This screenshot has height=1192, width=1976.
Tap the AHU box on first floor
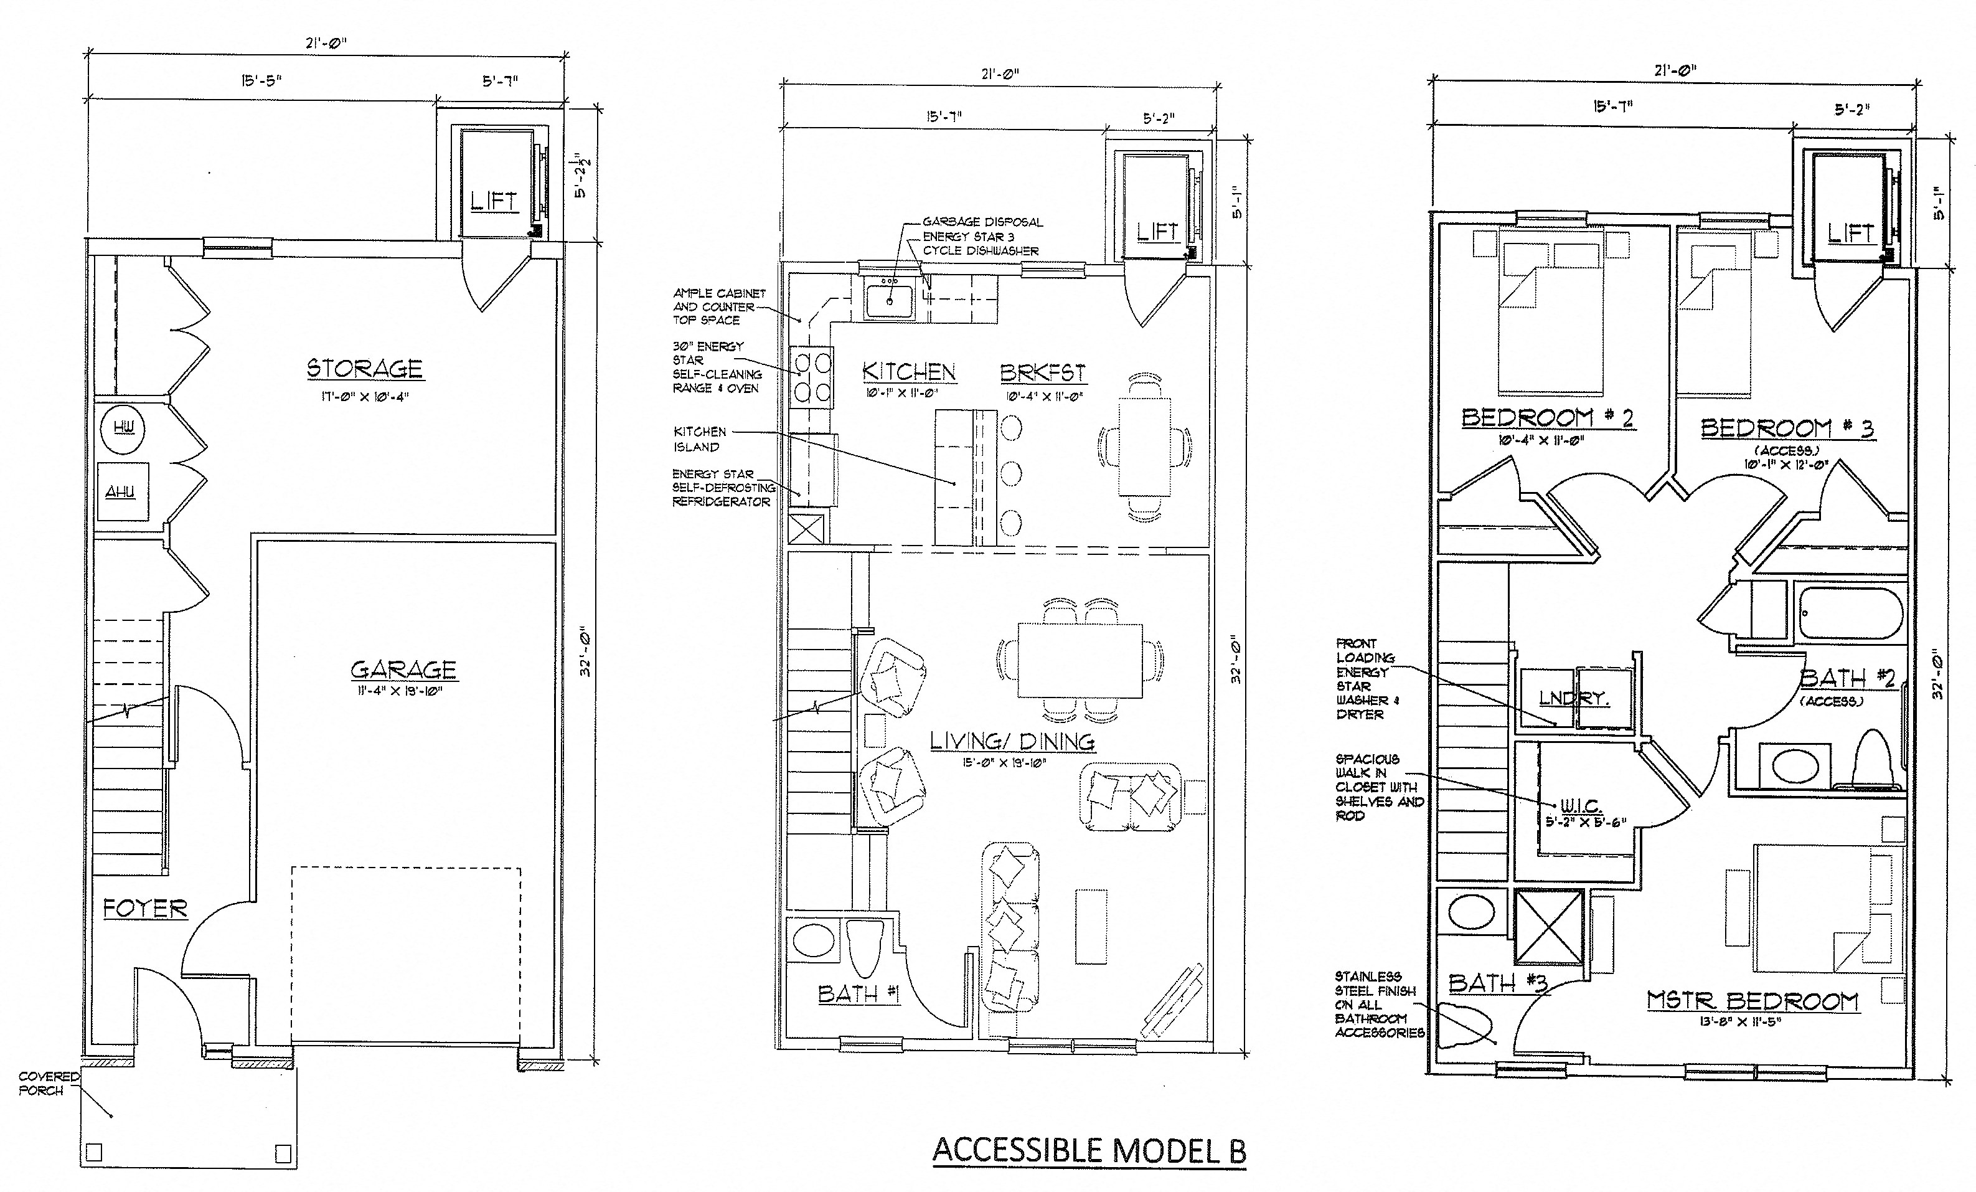click(121, 491)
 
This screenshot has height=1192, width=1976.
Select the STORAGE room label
click(365, 369)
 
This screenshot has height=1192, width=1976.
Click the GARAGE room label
click(403, 669)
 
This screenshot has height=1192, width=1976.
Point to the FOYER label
click(145, 909)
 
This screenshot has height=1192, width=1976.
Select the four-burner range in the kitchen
click(810, 377)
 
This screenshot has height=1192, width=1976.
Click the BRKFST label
click(1043, 373)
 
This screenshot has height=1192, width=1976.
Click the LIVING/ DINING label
click(1012, 741)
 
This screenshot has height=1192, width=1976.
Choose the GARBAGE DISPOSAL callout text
click(982, 222)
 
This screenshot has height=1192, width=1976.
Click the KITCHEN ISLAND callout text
click(699, 439)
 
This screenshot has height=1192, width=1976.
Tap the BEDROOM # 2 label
click(1548, 418)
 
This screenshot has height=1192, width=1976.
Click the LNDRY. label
click(1573, 699)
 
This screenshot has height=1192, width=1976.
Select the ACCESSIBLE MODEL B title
click(1088, 1150)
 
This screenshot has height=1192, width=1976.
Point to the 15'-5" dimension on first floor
click(261, 80)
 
